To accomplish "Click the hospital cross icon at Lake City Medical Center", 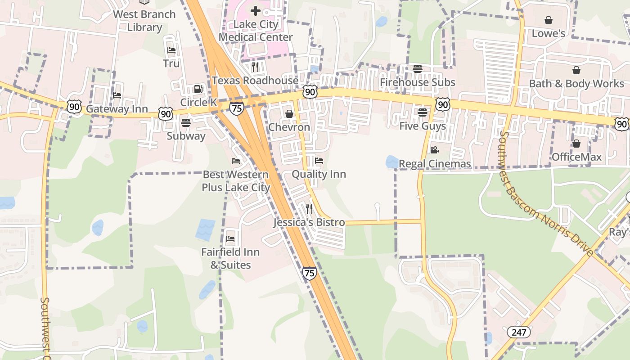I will pyautogui.click(x=256, y=10).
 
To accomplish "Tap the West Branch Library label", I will pyautogui.click(x=144, y=21).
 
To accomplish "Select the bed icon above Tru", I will pyautogui.click(x=171, y=50).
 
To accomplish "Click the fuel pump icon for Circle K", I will pyautogui.click(x=198, y=89).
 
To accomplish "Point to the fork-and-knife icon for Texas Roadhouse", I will pyautogui.click(x=255, y=67).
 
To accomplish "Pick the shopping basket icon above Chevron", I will pyautogui.click(x=289, y=114).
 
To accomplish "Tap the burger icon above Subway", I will pyautogui.click(x=185, y=122).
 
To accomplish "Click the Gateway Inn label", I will pyautogui.click(x=117, y=109).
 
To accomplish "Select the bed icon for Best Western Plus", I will pyautogui.click(x=235, y=161).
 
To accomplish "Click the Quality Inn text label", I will pyautogui.click(x=319, y=174).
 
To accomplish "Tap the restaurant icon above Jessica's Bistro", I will pyautogui.click(x=309, y=208).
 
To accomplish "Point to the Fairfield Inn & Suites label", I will pyautogui.click(x=230, y=258).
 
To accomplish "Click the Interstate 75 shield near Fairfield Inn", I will pyautogui.click(x=309, y=273).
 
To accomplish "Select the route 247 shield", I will pyautogui.click(x=518, y=333).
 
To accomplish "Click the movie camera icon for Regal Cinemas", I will pyautogui.click(x=434, y=150).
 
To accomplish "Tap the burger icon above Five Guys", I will pyautogui.click(x=422, y=112).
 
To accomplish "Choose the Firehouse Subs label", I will pyautogui.click(x=418, y=82).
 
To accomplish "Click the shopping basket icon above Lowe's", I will pyautogui.click(x=548, y=20).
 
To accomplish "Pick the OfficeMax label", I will pyautogui.click(x=576, y=157).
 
